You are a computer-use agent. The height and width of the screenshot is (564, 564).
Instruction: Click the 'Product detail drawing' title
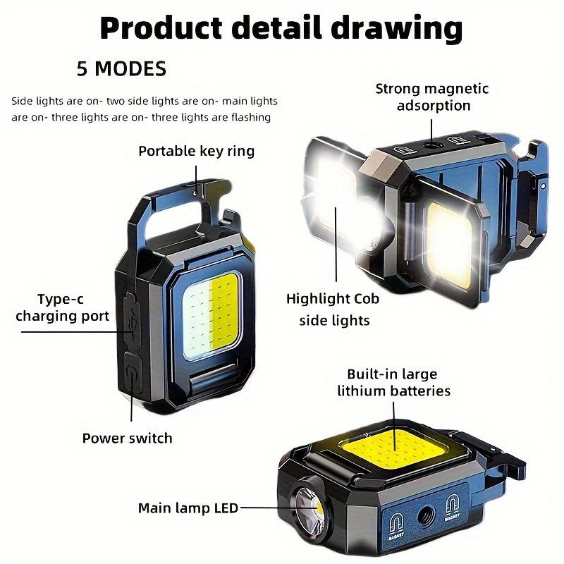(281, 29)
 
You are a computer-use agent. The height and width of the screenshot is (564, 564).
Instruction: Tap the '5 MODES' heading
(121, 68)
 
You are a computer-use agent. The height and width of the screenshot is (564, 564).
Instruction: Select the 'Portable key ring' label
(197, 151)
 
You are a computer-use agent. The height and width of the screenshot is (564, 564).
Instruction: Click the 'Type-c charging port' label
(62, 308)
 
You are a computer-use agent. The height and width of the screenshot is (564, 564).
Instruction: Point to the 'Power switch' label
(128, 438)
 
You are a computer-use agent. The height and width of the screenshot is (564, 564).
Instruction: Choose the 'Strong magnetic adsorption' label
(432, 97)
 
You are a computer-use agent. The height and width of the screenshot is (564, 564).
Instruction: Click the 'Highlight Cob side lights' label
(333, 309)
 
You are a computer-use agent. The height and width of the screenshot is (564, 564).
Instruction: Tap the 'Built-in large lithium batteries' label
(394, 382)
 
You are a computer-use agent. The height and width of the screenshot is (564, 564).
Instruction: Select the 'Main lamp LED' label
(188, 508)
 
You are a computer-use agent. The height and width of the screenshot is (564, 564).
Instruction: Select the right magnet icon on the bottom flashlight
(452, 507)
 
